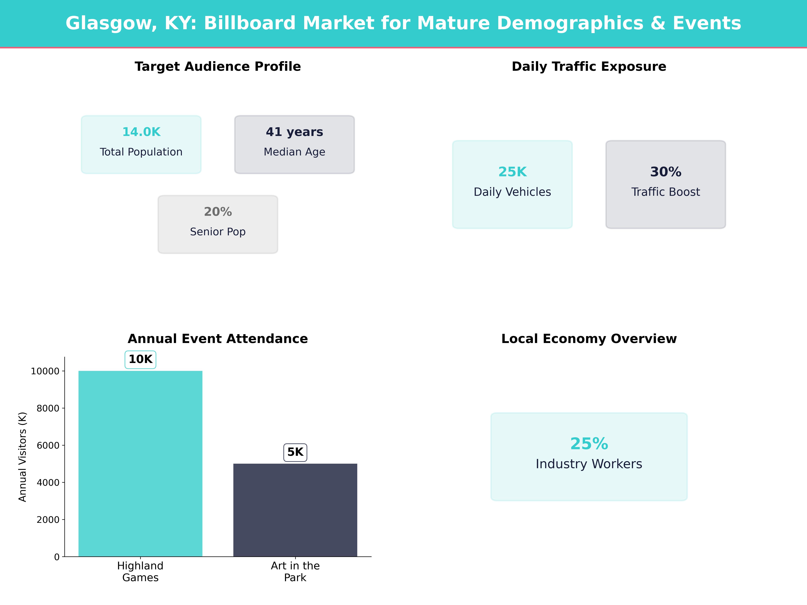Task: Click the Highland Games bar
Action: click(x=140, y=463)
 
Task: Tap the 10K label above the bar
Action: click(x=140, y=360)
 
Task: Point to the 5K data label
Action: click(x=295, y=452)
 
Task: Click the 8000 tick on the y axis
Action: click(x=48, y=408)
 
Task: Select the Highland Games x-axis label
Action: click(x=140, y=571)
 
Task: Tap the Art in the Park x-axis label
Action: click(x=295, y=571)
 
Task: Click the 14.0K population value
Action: click(x=141, y=132)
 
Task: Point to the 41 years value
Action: click(x=294, y=132)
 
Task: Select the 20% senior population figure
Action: click(x=218, y=212)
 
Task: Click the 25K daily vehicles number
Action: click(x=512, y=172)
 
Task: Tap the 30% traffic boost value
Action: click(x=665, y=172)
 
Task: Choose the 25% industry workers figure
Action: click(x=589, y=444)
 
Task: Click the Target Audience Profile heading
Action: click(x=218, y=67)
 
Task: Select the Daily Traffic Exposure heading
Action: click(x=589, y=67)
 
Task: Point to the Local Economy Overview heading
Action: click(x=589, y=339)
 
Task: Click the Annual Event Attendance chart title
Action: click(x=218, y=339)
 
